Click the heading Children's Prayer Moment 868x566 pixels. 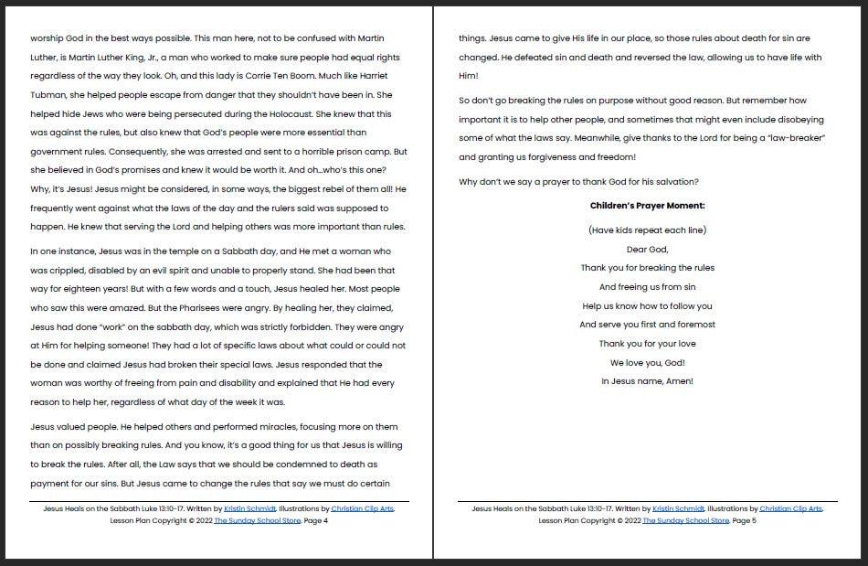pos(647,206)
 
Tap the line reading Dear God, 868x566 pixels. pos(647,249)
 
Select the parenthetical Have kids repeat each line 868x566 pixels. pos(647,230)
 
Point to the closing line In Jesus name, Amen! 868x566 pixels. pos(647,381)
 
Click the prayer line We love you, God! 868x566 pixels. pos(647,362)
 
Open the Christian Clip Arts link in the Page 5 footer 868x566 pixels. pos(790,508)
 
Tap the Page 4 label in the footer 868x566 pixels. pos(314,520)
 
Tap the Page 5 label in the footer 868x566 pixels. pos(744,520)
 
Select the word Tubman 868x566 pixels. pos(50,95)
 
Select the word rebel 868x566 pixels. pos(322,188)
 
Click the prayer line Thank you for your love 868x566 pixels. pos(647,344)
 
